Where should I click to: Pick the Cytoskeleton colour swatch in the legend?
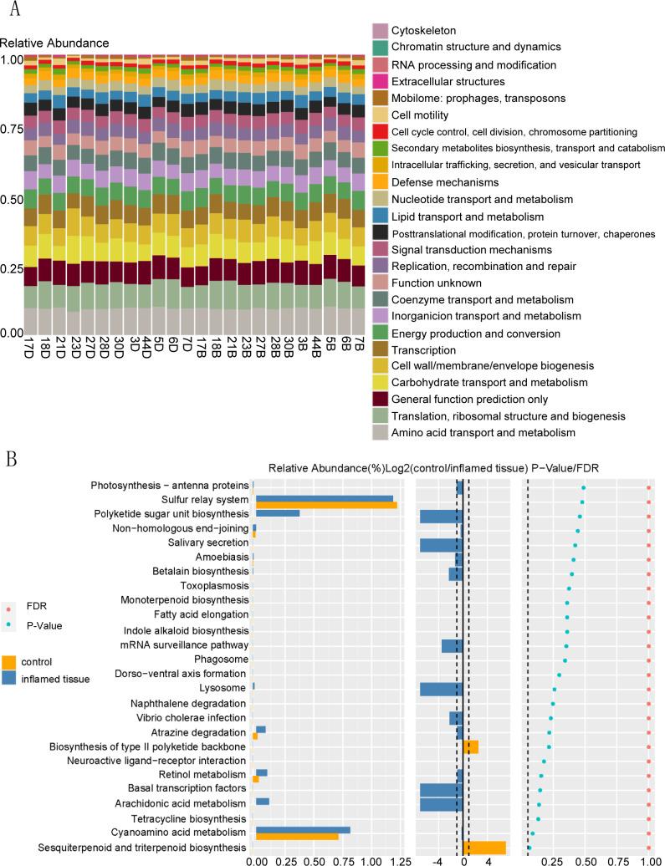coord(381,29)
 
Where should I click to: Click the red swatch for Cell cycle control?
coord(381,132)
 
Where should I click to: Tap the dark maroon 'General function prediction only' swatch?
coord(381,399)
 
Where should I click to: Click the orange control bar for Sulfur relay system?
coord(325,505)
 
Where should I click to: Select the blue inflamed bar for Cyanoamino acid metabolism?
coord(302,830)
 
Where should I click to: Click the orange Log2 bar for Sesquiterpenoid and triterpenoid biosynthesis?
coord(484,848)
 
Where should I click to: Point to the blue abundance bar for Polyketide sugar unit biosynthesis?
coord(277,513)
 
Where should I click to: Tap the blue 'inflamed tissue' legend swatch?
coord(9,678)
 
